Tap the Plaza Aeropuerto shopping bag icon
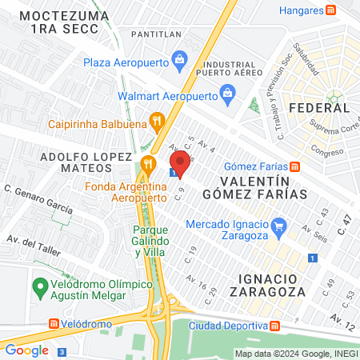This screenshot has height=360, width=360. [x=180, y=58]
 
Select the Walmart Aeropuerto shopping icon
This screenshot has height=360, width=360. [x=229, y=94]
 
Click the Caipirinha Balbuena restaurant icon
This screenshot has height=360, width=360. [x=157, y=122]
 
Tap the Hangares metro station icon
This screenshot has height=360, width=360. [x=330, y=10]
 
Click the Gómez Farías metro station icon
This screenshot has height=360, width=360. [x=294, y=166]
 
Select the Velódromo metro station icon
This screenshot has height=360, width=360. [x=54, y=324]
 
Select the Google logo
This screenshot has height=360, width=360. [x=27, y=350]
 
